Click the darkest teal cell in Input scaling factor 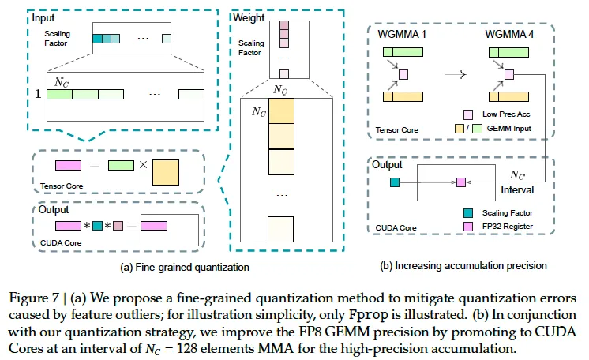(x=99, y=38)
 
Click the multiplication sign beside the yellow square (x=141, y=166)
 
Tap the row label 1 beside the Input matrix (x=35, y=93)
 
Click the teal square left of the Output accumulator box (x=394, y=182)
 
